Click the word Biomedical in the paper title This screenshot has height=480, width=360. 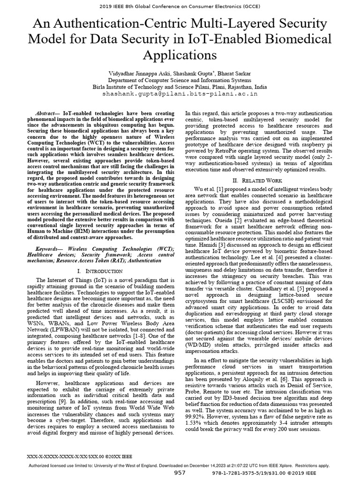(298, 38)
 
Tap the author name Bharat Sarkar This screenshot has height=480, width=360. (239, 73)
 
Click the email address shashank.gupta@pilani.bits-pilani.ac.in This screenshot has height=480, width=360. (180, 94)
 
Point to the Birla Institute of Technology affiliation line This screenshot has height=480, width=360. (180, 87)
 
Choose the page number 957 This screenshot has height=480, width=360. (180, 473)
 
